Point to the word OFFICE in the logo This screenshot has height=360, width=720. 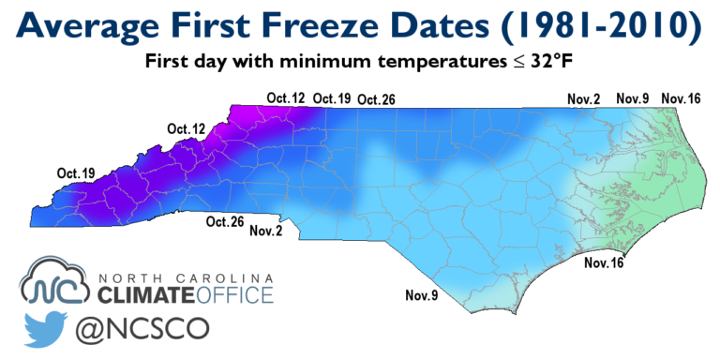(x=235, y=296)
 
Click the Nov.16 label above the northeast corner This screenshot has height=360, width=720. (x=682, y=98)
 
